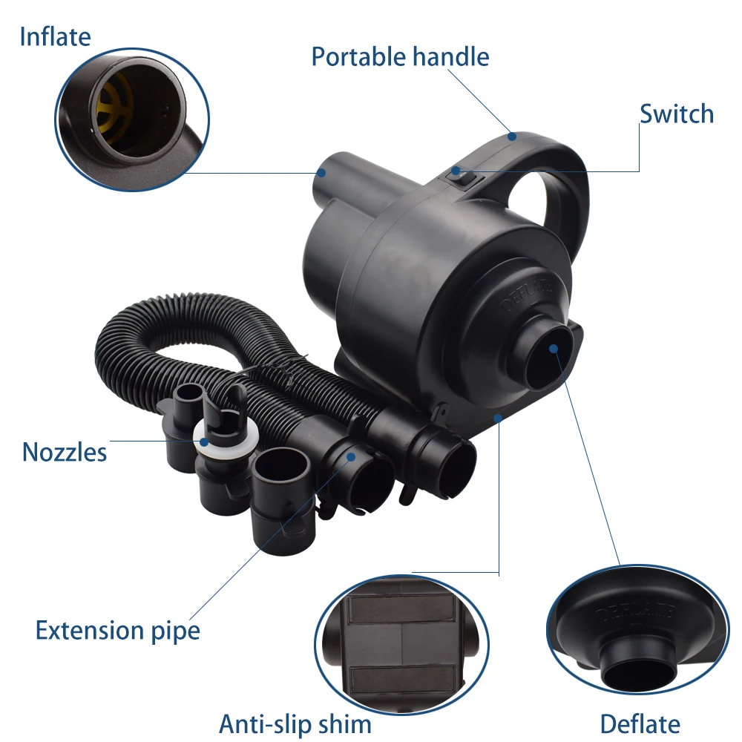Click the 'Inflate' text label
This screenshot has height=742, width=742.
(x=55, y=36)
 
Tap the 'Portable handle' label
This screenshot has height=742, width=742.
(x=400, y=56)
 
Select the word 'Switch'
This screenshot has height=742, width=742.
(x=677, y=114)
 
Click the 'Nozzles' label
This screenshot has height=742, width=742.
(x=65, y=451)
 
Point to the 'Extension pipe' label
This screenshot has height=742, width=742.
(x=118, y=631)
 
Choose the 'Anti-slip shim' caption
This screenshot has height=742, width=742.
(x=295, y=723)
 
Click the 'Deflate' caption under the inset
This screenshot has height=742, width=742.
(x=640, y=723)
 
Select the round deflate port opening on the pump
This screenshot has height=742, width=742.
(x=553, y=348)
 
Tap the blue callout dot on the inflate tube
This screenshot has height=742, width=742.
(x=322, y=172)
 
